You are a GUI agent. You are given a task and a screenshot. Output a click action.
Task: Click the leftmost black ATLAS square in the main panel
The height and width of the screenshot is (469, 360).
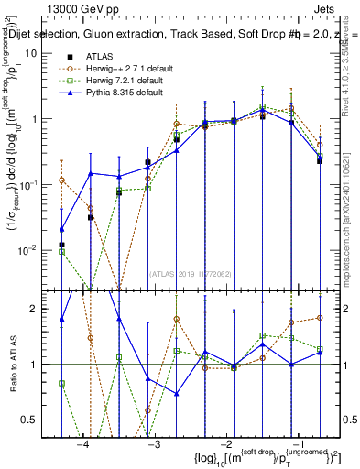[x=61, y=245]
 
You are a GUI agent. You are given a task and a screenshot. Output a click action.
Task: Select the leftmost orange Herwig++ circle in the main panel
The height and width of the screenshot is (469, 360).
[x=61, y=180]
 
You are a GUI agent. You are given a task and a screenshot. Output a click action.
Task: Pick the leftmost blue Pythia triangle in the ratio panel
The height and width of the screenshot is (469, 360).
[x=61, y=320]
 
